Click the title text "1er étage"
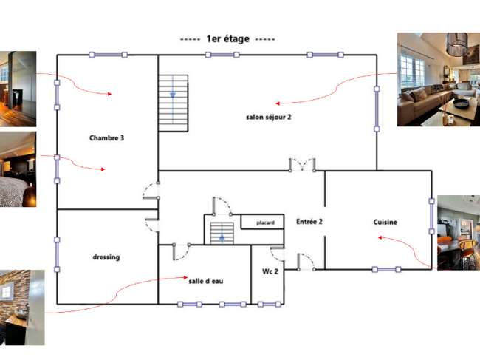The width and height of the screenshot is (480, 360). pos(227,39)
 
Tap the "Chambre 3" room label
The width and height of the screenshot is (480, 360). pos(106,138)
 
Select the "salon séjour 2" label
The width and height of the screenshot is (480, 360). pos(269,117)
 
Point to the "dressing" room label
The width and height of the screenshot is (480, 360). pos(106,257)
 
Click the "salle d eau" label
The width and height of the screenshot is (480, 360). pos(206,281)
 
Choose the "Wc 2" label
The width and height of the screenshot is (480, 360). pos(270,271)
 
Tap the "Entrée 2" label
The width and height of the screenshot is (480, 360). pos(309,222)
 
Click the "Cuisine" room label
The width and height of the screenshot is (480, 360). pos(385,222)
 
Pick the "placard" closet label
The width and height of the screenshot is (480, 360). pos(265,223)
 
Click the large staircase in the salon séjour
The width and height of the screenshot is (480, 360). pos(174,103)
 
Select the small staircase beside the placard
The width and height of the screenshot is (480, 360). pos(222,234)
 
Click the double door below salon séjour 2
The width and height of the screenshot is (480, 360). pos(302,165)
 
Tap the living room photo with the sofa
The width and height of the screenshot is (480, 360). pos(439,80)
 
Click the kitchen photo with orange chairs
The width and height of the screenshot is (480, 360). pos(459,233)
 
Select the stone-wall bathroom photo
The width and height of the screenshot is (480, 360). pos(22,308)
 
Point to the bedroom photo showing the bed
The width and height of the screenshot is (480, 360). pos(18,169)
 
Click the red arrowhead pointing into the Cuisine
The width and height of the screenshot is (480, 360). pos(380,237)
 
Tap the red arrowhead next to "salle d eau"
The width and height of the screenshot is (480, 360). pos(185,277)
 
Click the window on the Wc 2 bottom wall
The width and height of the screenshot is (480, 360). pos(269,305)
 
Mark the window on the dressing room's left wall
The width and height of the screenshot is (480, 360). pos(57,254)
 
